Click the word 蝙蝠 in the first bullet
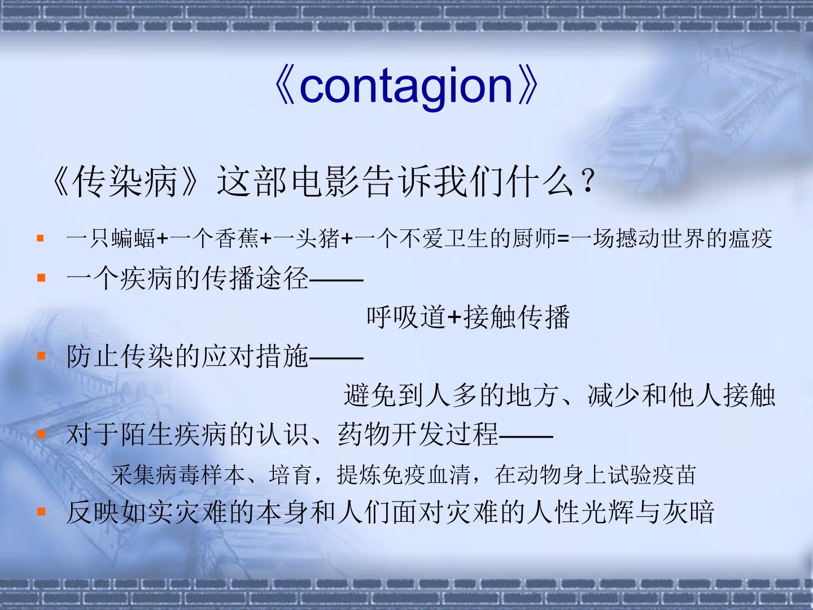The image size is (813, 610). pyautogui.click(x=133, y=238)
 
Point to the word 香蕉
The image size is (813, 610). pyautogui.click(x=237, y=238)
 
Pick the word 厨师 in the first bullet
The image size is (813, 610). pyautogui.click(x=535, y=238)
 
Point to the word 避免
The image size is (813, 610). pyautogui.click(x=370, y=395)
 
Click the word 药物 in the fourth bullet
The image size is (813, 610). pyautogui.click(x=364, y=434)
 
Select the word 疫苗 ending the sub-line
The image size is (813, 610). pyautogui.click(x=674, y=475)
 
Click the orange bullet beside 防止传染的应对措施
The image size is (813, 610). pyautogui.click(x=41, y=356)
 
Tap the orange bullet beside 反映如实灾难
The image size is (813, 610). pyautogui.click(x=41, y=512)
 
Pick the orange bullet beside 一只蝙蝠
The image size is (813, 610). pyautogui.click(x=41, y=238)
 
